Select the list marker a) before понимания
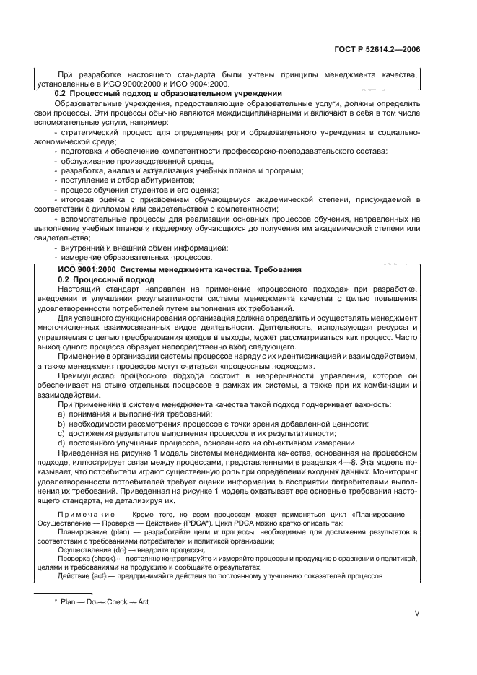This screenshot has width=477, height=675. (x=61, y=413)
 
